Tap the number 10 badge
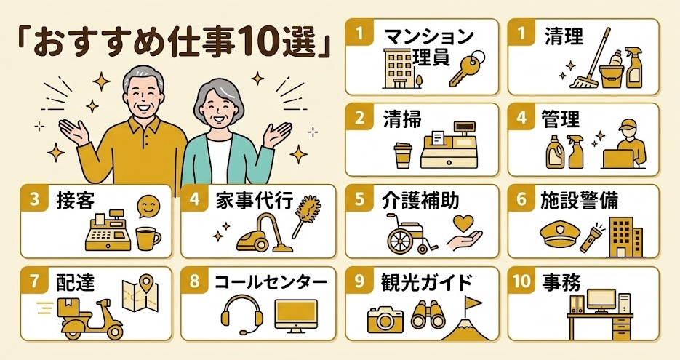(x=521, y=281)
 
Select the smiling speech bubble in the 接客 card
(x=148, y=207)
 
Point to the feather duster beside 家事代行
(x=306, y=215)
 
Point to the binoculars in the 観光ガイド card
(x=427, y=315)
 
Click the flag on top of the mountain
(x=472, y=303)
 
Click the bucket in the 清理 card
(x=611, y=73)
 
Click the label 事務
(x=561, y=282)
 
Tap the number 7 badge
(x=35, y=281)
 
